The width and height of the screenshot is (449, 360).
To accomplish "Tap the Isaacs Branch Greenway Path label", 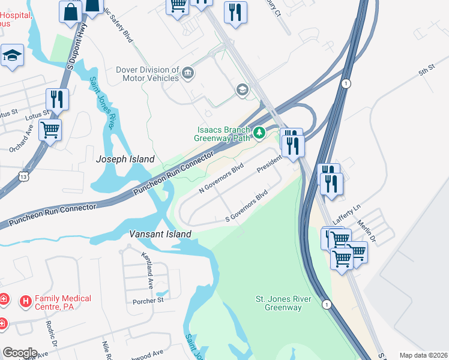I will click(221, 133).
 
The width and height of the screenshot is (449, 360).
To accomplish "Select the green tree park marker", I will click(259, 133).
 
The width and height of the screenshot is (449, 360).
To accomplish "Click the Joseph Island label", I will click(125, 159).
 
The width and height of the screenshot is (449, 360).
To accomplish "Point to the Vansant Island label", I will click(161, 234).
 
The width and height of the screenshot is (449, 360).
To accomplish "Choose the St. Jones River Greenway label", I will click(283, 303).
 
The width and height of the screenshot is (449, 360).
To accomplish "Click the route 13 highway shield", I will click(23, 177).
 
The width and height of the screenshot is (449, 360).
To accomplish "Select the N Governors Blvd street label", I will click(221, 177).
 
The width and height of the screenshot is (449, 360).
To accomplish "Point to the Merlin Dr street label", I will click(367, 230).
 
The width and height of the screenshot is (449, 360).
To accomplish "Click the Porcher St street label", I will click(148, 300).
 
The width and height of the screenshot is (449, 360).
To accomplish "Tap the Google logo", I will click(20, 353).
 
